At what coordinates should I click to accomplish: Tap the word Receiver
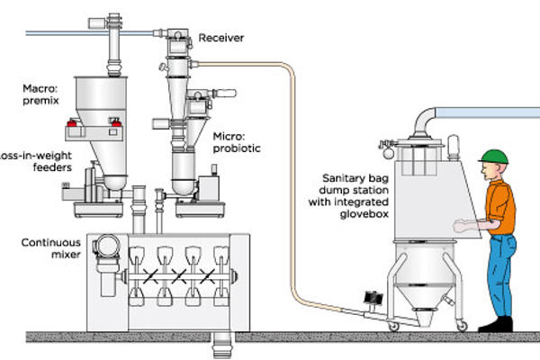point(222,38)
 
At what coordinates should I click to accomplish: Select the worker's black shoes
point(496,322)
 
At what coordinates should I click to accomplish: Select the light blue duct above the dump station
point(486,112)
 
